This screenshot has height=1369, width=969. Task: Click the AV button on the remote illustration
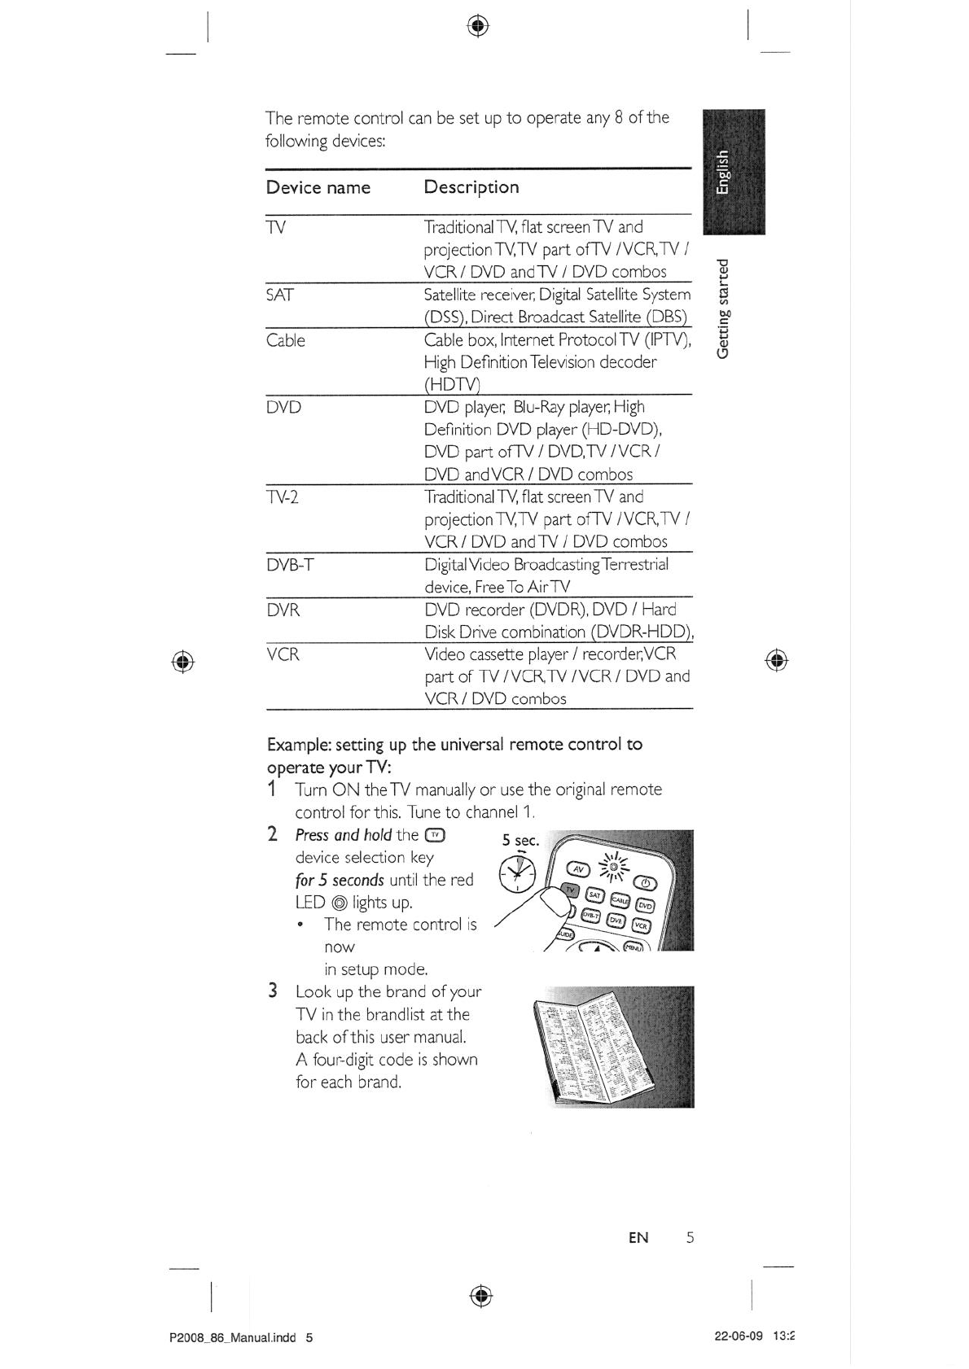click(x=577, y=868)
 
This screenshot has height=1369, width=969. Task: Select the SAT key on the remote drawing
click(x=595, y=894)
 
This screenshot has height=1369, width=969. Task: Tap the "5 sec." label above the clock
click(x=520, y=840)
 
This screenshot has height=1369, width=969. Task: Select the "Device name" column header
click(x=318, y=187)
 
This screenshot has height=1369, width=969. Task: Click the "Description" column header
click(x=471, y=187)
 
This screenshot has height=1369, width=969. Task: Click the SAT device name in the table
click(x=279, y=295)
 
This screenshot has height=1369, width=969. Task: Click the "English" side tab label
click(x=723, y=173)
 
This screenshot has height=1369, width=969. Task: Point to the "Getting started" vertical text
click(x=723, y=308)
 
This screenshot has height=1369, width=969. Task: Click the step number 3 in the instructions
click(x=273, y=991)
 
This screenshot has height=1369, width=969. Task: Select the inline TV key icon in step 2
click(x=436, y=834)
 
